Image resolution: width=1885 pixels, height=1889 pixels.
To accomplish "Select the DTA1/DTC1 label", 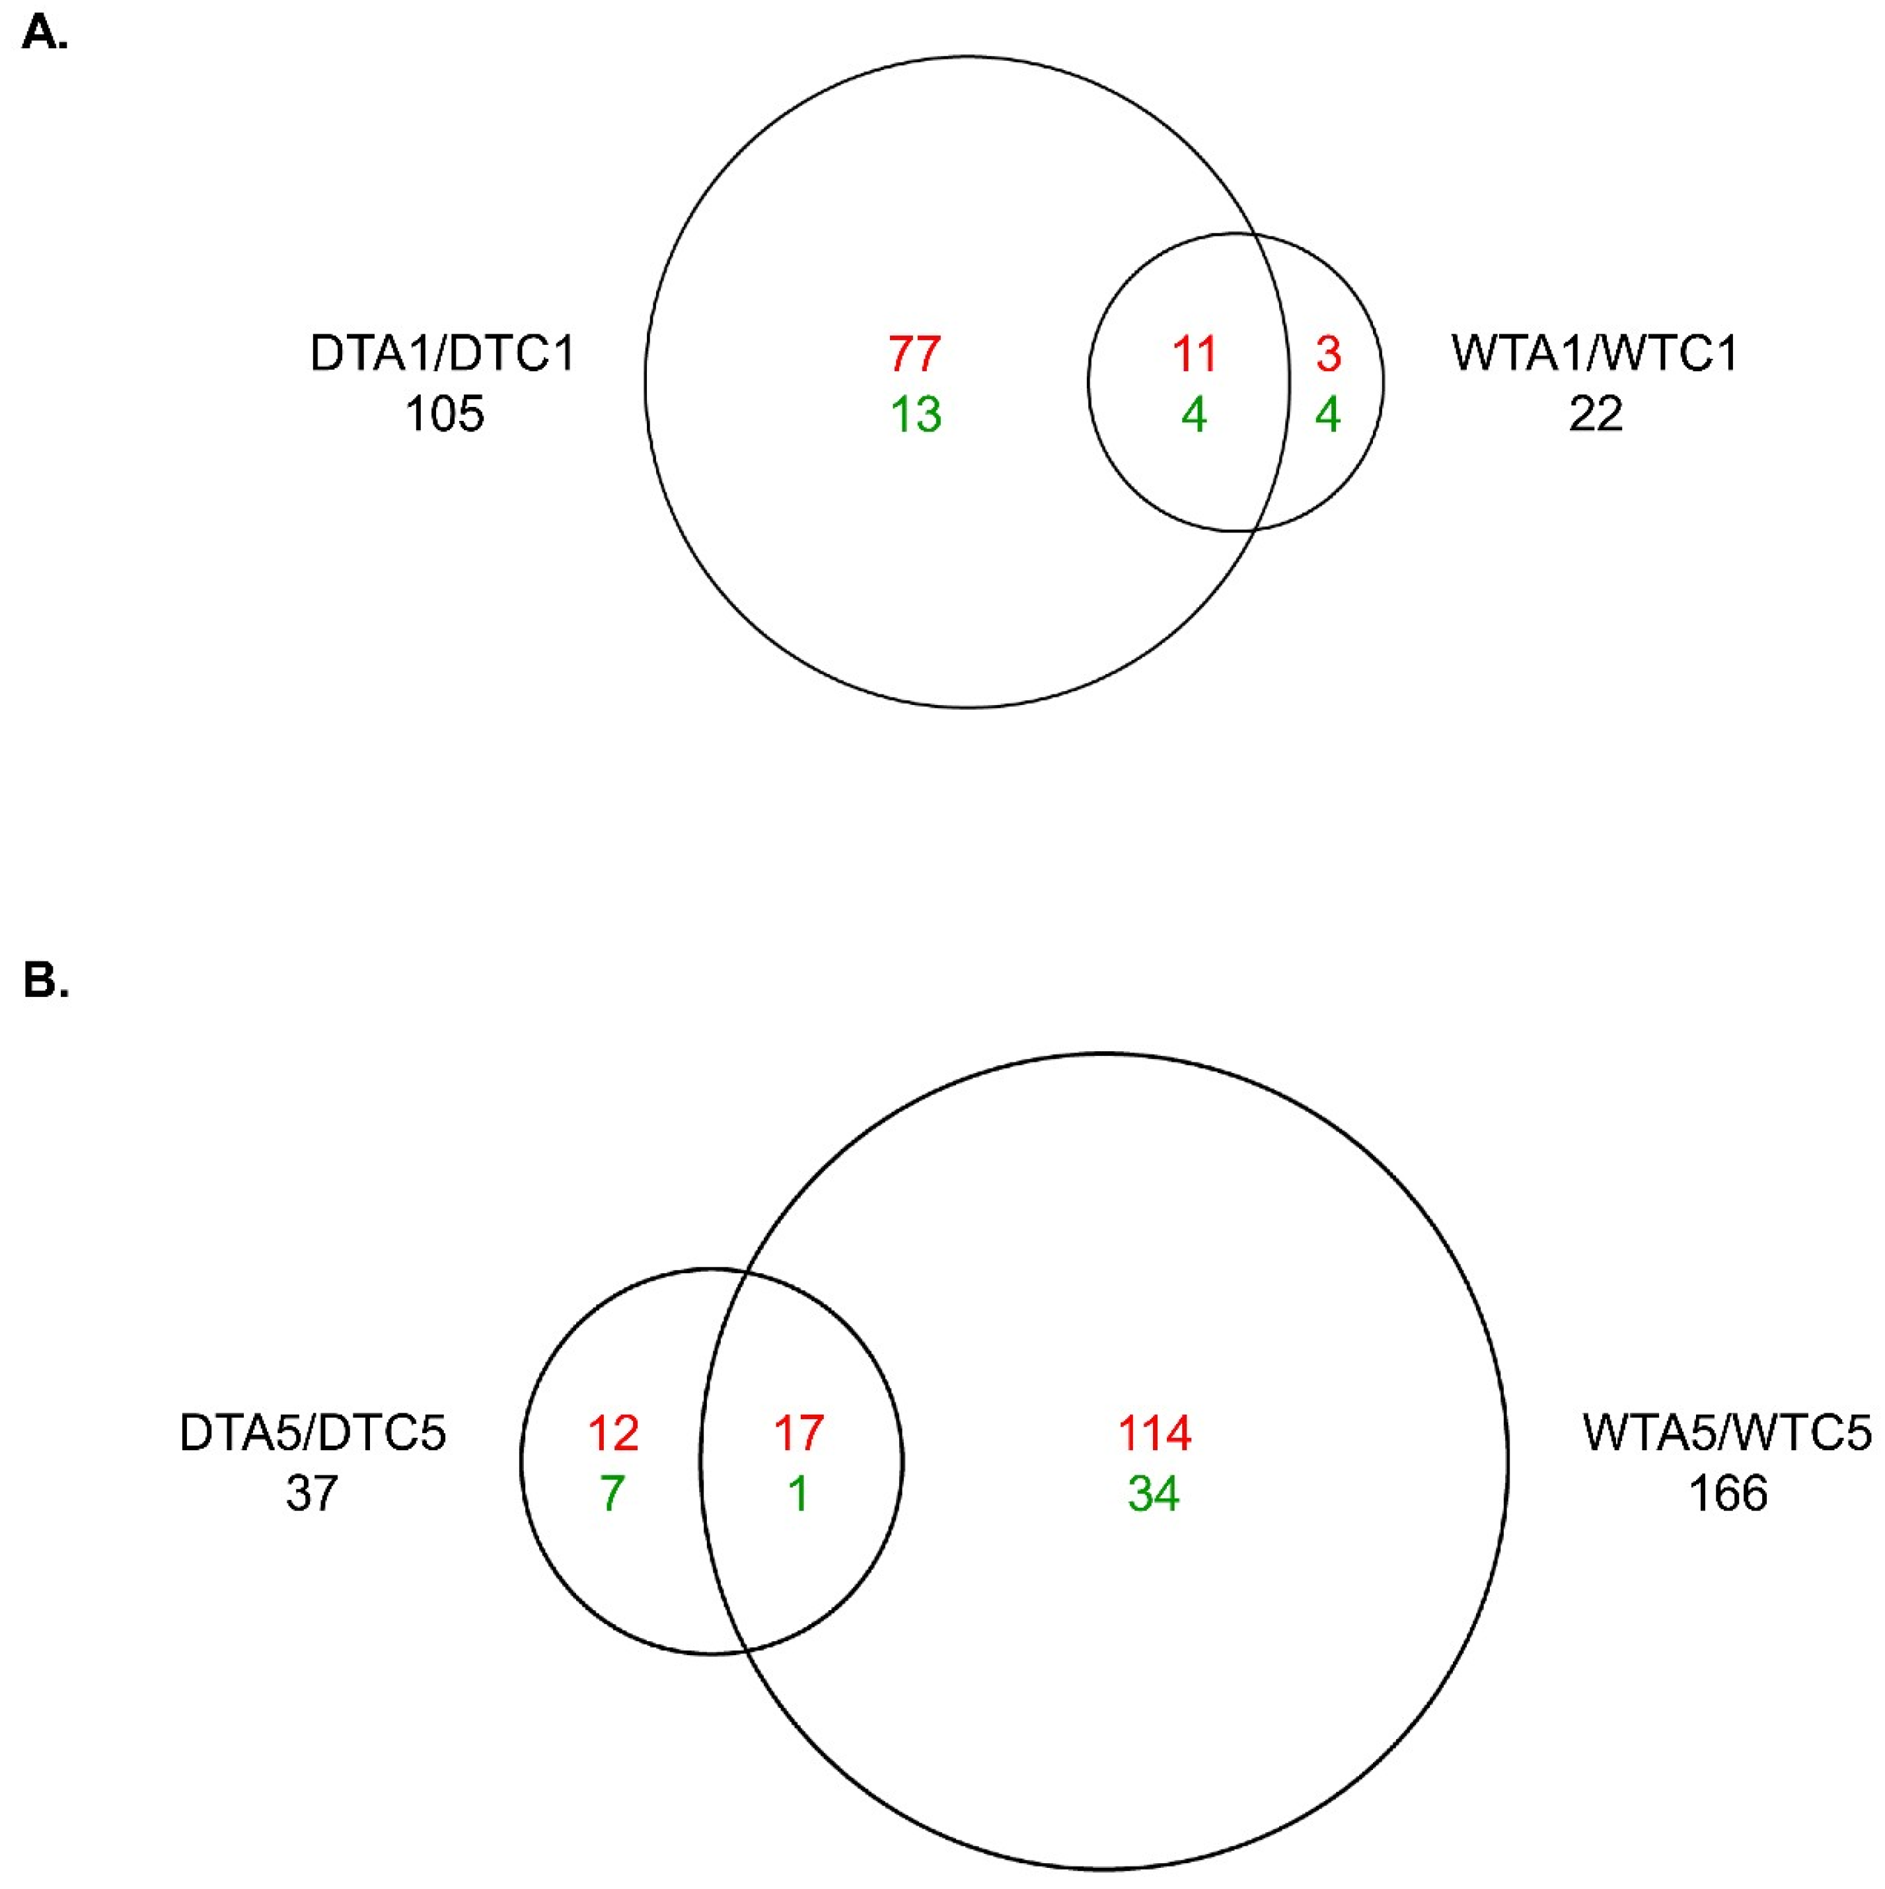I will pyautogui.click(x=443, y=354).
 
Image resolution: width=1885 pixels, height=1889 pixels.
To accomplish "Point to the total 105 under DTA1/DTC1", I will pyautogui.click(x=445, y=414).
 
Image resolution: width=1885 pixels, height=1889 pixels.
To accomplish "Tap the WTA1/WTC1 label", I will pyautogui.click(x=1596, y=354).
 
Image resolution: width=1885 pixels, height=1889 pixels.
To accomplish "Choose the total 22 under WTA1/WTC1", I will pyautogui.click(x=1596, y=414).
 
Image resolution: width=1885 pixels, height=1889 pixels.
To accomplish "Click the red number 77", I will pyautogui.click(x=915, y=354).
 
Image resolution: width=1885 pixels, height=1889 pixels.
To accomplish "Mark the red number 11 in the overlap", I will pyautogui.click(x=1194, y=354).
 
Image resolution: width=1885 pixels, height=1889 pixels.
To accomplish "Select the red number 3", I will pyautogui.click(x=1328, y=354).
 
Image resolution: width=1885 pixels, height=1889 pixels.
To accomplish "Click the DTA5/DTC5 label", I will pyautogui.click(x=313, y=1433).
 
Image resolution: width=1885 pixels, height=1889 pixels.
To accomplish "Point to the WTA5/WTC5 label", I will pyautogui.click(x=1728, y=1433).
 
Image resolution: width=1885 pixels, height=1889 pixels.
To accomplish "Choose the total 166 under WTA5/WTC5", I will pyautogui.click(x=1728, y=1494).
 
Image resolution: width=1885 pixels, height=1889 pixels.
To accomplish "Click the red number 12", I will pyautogui.click(x=613, y=1433).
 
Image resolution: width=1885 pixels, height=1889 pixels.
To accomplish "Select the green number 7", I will pyautogui.click(x=613, y=1494).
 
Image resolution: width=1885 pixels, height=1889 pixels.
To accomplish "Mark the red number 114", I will pyautogui.click(x=1155, y=1433).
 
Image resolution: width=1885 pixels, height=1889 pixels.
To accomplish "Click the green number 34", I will pyautogui.click(x=1155, y=1494).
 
